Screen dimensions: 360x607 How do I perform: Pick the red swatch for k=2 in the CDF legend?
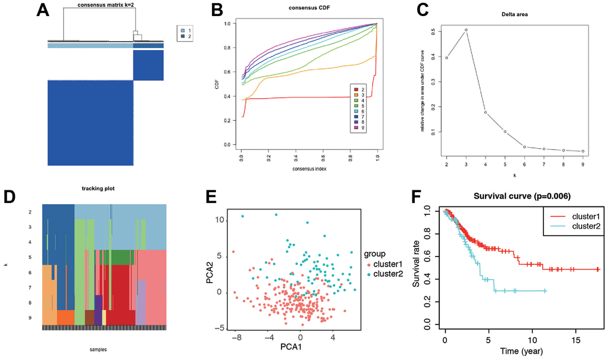coord(353,88)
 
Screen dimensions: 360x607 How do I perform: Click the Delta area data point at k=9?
coord(583,151)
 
